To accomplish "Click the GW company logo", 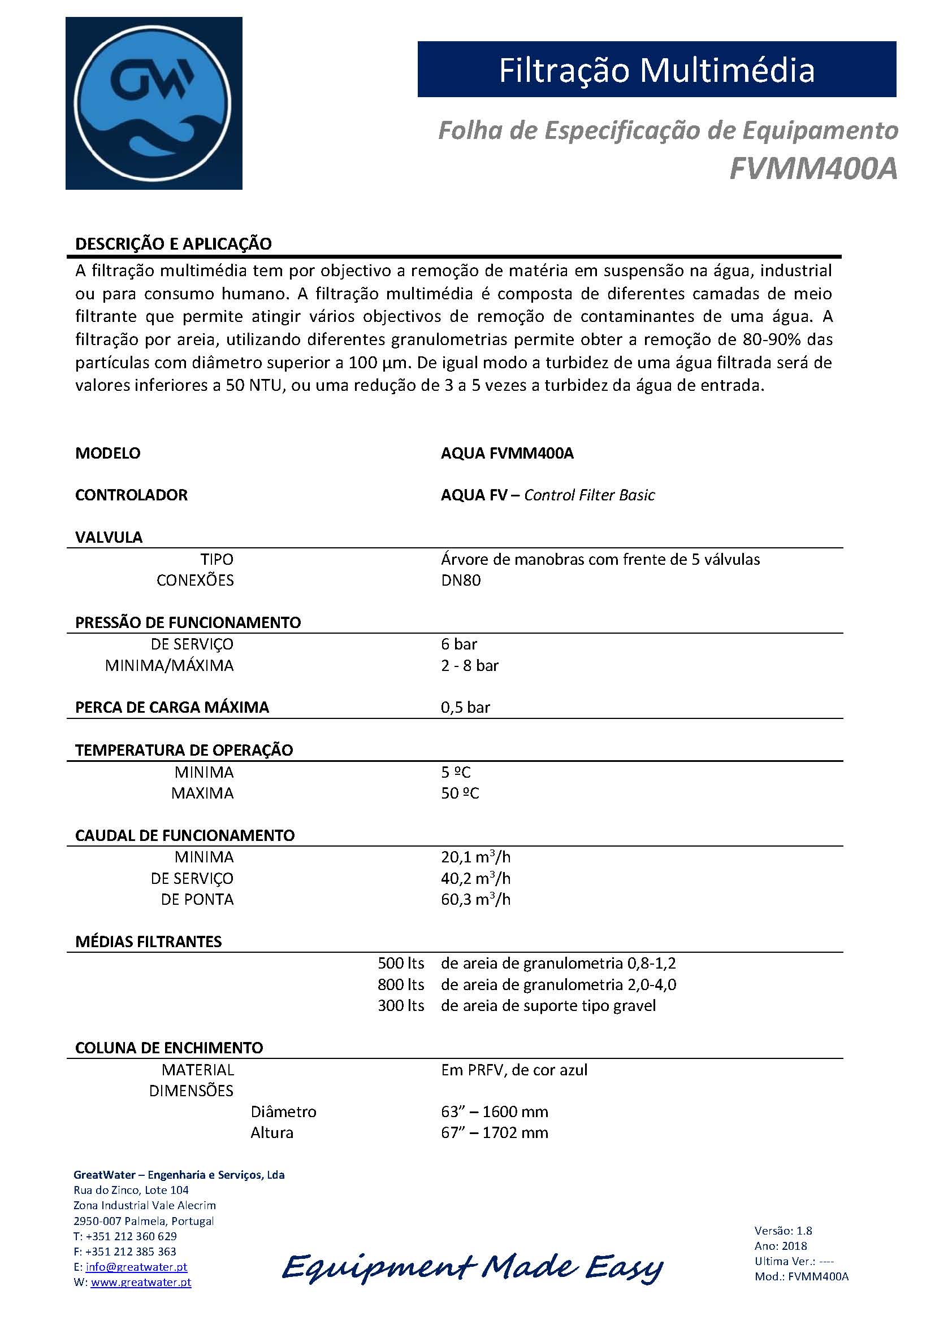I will pos(154,103).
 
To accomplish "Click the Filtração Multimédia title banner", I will pos(656,69).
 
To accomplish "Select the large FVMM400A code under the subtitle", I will pos(813,169).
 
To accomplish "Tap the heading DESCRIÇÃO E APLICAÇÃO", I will pos(174,244).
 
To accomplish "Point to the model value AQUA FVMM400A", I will pos(507,454).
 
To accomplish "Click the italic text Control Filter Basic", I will pos(589,495).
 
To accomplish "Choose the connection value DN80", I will pos(461,580).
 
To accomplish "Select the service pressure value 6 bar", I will pos(459,644).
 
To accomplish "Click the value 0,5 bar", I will pos(465,707).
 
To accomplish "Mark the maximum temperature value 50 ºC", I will pos(460,794).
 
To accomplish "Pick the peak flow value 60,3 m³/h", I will pos(475,899).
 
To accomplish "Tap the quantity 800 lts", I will pos(401,984).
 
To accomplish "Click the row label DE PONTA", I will pos(197,899).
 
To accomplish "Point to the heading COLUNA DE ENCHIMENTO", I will pos(169,1048).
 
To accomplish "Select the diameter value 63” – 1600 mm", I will pos(495,1111).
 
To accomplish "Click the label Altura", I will pos(272,1133).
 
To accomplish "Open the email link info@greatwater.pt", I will pos(136,1267).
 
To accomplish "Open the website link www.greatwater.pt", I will pos(141,1283).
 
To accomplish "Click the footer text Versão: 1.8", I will pos(783,1231).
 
